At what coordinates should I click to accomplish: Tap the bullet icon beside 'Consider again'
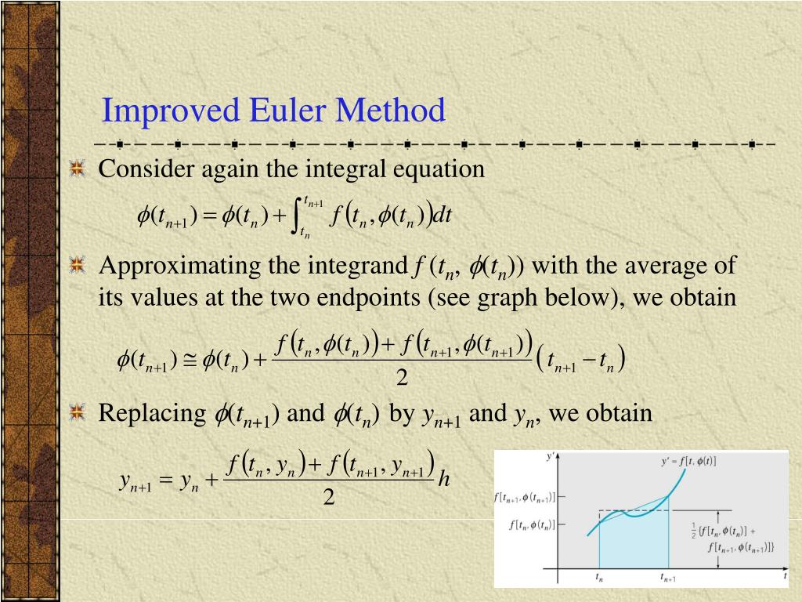pyautogui.click(x=77, y=169)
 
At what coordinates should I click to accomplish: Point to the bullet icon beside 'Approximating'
pyautogui.click(x=77, y=267)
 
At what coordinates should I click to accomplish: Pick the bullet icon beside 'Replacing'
pyautogui.click(x=77, y=413)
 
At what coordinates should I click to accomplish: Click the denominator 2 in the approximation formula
pyautogui.click(x=403, y=379)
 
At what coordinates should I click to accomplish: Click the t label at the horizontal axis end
pyautogui.click(x=785, y=575)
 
